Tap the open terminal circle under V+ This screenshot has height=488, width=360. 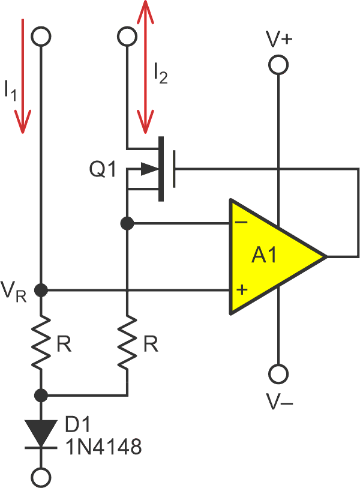point(278,65)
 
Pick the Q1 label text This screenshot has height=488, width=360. point(103,170)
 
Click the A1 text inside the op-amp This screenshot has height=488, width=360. point(264,257)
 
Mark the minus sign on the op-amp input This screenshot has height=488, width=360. point(242,222)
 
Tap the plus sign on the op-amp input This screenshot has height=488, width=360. point(242,291)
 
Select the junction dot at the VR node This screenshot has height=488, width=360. point(41,291)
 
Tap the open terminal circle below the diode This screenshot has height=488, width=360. point(41,477)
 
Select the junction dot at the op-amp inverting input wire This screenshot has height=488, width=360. point(127,223)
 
